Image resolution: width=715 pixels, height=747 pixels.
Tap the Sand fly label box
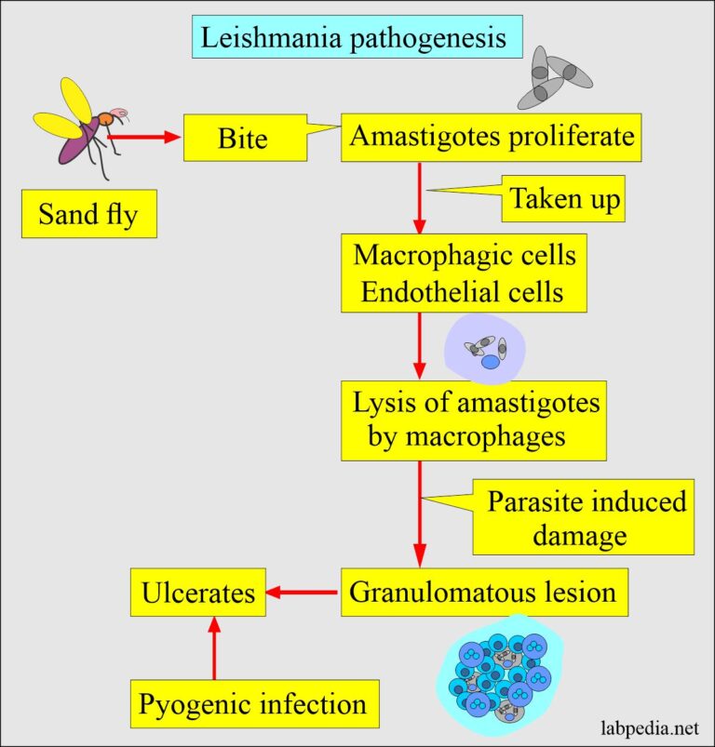(89, 215)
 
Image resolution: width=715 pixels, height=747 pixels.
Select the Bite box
(244, 139)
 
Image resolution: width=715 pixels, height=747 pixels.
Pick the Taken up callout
(565, 200)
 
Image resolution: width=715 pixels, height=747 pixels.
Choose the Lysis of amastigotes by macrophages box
(474, 420)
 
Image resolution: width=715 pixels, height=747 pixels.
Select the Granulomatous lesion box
(482, 593)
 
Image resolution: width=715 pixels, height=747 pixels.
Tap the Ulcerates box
(198, 593)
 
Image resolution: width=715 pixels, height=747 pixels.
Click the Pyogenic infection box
(253, 704)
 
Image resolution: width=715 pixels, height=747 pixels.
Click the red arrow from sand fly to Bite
(144, 138)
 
